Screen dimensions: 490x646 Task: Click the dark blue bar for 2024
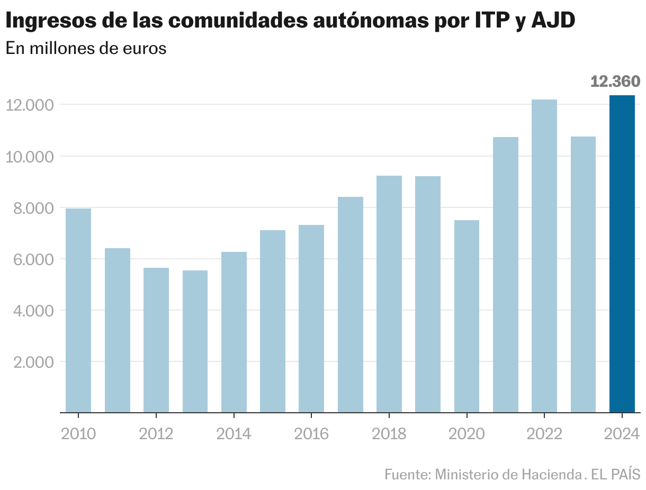(x=622, y=254)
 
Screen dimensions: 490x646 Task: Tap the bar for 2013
(x=195, y=341)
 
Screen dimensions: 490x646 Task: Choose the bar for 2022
(x=544, y=256)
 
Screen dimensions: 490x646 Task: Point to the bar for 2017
(x=351, y=305)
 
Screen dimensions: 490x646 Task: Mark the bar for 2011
(x=118, y=330)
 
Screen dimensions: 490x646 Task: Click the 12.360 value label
(x=615, y=81)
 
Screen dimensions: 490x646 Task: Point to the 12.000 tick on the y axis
(x=30, y=105)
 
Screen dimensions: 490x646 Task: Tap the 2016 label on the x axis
(x=311, y=434)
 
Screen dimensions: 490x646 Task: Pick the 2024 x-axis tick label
(x=622, y=434)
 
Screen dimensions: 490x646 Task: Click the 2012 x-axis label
(x=156, y=434)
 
